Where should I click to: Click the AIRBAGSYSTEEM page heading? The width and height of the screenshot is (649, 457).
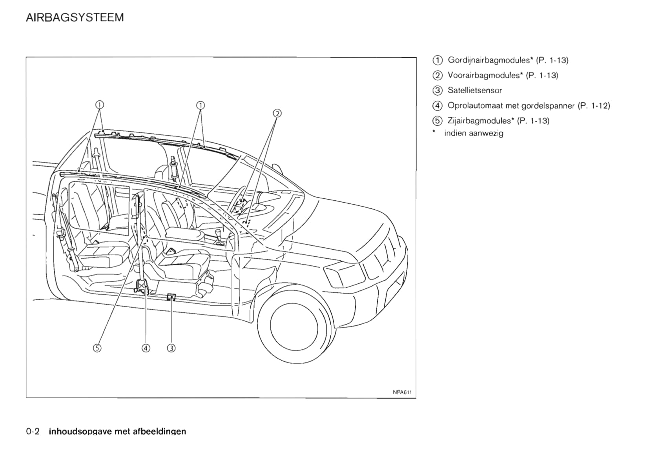75,18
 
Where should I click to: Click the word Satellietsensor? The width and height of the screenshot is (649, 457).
475,91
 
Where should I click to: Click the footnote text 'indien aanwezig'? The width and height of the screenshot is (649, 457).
474,133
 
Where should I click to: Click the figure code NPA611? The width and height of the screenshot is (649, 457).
402,392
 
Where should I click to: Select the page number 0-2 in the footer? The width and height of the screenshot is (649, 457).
33,432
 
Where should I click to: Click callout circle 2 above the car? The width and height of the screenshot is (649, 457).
277,113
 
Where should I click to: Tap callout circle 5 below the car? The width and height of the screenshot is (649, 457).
97,348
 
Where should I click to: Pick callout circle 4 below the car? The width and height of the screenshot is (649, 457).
146,348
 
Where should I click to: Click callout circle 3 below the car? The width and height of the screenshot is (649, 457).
171,348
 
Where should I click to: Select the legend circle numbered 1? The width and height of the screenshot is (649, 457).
438,60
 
